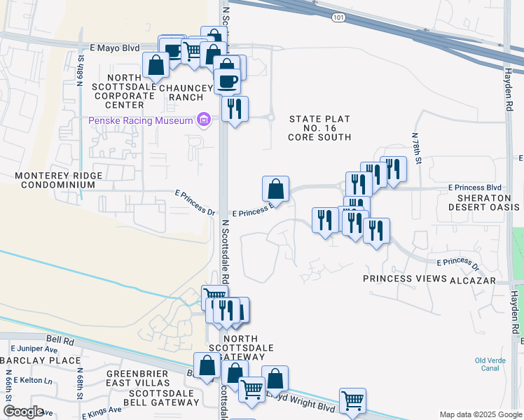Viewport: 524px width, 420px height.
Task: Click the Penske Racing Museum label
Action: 140,121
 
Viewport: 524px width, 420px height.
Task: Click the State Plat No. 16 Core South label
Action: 319,128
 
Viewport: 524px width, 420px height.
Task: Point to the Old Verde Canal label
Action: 489,366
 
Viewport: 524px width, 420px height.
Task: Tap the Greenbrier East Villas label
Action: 138,378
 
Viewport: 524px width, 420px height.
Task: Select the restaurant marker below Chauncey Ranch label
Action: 235,108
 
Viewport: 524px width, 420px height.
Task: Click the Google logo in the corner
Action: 23,411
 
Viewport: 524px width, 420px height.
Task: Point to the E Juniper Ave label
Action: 34,348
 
